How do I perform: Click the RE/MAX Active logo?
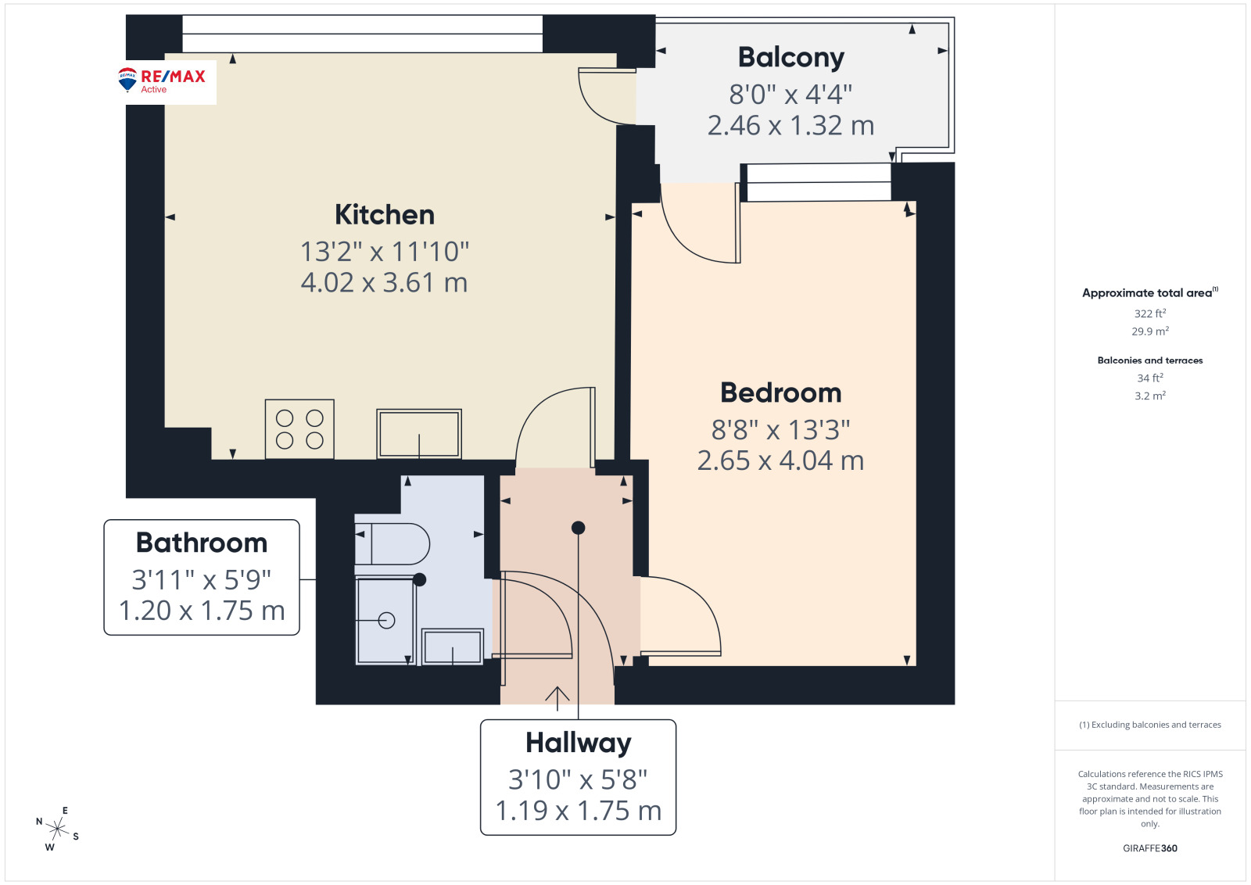pos(162,81)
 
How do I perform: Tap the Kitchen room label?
pos(385,215)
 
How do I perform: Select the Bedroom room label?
pos(781,392)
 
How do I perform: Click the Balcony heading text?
pos(790,58)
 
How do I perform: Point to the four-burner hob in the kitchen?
pos(299,429)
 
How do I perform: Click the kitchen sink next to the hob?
pos(419,434)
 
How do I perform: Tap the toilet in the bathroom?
pos(392,544)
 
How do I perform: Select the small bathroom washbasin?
pos(453,647)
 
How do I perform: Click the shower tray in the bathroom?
pos(385,621)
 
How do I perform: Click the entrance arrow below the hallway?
pos(557,698)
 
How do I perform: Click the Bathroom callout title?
pos(202,543)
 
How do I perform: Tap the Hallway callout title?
pos(578,743)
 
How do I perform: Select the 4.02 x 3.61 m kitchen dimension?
pos(384,282)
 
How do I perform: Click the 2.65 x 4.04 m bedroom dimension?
pos(781,460)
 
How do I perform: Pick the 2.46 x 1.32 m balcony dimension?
pos(790,126)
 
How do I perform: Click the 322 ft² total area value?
pos(1150,314)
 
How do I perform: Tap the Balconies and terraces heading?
pos(1150,360)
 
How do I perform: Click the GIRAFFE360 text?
pos(1150,848)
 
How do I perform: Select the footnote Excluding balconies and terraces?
pos(1150,725)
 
